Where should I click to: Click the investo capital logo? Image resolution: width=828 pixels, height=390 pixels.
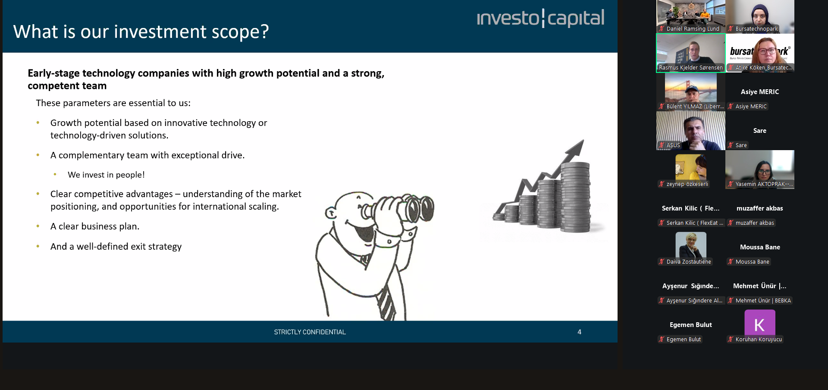tap(540, 18)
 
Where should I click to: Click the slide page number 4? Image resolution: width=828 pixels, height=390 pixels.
tap(579, 332)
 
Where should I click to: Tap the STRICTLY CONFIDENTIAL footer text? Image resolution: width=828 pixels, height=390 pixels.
tap(310, 332)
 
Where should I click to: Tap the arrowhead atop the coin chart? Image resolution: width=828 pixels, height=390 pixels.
tap(576, 148)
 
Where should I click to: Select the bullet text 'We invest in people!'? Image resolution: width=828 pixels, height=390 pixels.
tap(106, 175)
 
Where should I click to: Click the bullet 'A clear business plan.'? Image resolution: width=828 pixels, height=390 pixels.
tap(95, 226)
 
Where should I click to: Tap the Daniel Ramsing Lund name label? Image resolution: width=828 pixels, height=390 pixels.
tap(693, 29)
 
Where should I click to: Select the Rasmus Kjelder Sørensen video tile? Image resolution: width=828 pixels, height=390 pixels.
tap(691, 53)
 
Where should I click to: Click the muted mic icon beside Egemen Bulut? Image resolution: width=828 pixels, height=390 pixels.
tap(661, 340)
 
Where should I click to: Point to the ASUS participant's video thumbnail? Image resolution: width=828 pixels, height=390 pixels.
tap(691, 131)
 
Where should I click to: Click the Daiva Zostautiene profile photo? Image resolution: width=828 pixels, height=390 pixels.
tap(691, 245)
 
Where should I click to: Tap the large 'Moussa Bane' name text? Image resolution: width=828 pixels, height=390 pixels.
tap(760, 247)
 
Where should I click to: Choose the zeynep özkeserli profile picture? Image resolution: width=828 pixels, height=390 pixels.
tap(691, 167)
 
